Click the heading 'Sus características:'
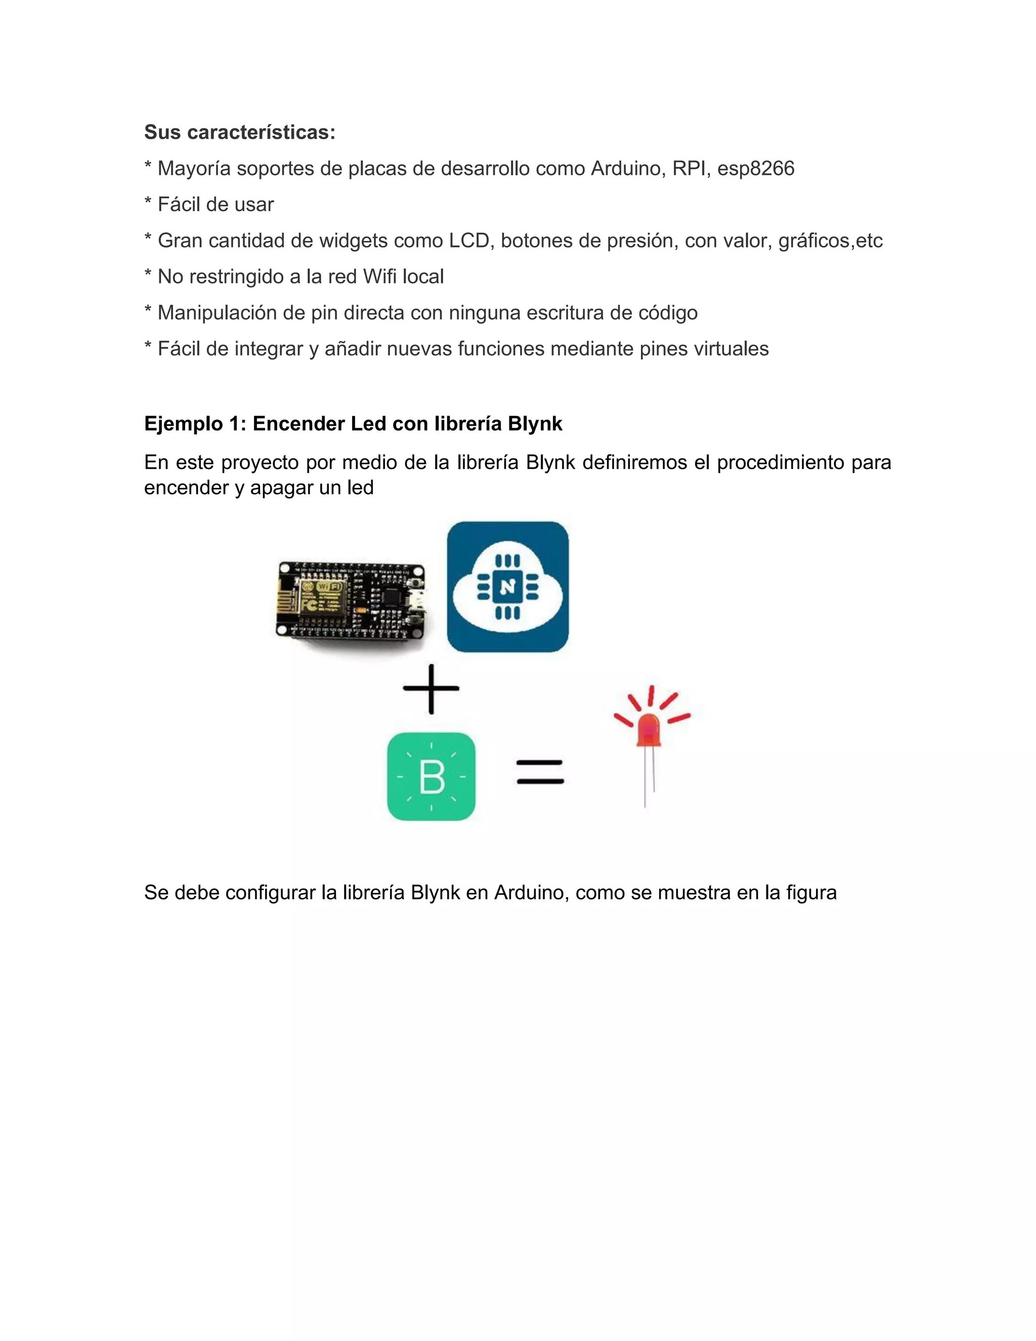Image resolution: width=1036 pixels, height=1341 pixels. pyautogui.click(x=239, y=132)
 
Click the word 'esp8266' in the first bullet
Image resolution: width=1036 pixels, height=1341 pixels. pyautogui.click(x=756, y=168)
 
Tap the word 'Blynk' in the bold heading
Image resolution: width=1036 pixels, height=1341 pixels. pyautogui.click(x=535, y=424)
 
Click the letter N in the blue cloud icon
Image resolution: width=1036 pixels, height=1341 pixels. pyautogui.click(x=507, y=588)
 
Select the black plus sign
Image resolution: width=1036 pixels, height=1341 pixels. pyautogui.click(x=431, y=688)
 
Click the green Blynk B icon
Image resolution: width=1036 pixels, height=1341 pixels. pyautogui.click(x=431, y=776)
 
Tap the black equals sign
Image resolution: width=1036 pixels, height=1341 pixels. pyautogui.click(x=540, y=772)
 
